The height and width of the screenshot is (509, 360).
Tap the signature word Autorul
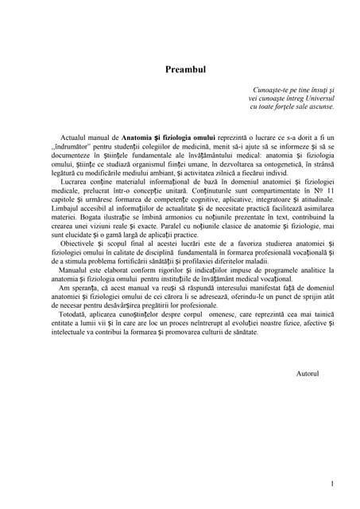point(306,373)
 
